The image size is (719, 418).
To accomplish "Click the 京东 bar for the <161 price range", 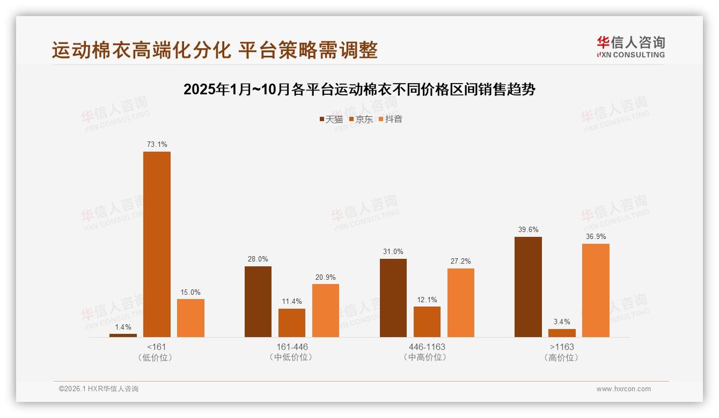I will click(x=157, y=244).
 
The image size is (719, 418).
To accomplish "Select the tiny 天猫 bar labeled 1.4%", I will click(x=123, y=335).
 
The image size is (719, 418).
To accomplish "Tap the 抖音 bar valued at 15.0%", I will click(x=190, y=318).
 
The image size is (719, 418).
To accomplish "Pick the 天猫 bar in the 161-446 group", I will click(x=258, y=302).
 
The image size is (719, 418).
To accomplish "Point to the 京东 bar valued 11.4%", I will click(x=292, y=323).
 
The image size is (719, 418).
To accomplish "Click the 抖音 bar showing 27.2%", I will click(x=461, y=303).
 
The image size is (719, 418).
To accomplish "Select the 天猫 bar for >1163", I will click(x=528, y=287).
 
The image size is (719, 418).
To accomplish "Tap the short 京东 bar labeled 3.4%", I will click(x=562, y=333).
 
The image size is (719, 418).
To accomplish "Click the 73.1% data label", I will click(x=157, y=144).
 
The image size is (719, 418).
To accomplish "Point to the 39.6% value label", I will click(x=528, y=229).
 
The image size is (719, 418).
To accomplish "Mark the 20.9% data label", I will click(x=326, y=277).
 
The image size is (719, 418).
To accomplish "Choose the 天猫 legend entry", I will click(x=331, y=119).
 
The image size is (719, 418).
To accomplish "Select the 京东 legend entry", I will click(x=361, y=119).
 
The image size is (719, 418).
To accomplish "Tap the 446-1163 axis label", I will click(x=427, y=347).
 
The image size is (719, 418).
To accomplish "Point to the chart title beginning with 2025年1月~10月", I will click(x=359, y=89).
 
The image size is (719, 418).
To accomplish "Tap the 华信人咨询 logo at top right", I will click(x=630, y=47).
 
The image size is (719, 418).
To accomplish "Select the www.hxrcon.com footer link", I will click(x=623, y=389).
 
